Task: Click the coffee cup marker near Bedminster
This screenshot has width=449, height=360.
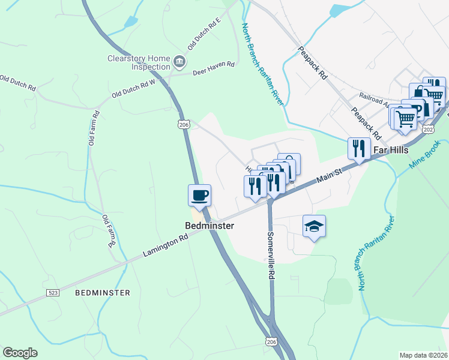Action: coord(200,195)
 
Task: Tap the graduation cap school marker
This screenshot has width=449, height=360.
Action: coord(314,226)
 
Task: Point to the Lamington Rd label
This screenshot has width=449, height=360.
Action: coord(165,245)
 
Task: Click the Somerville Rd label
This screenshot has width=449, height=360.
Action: coord(271,256)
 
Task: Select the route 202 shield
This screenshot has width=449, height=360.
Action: coord(428,129)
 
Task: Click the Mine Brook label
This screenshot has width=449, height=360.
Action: coord(426,154)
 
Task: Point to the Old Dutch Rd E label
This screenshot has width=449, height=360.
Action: coord(204,34)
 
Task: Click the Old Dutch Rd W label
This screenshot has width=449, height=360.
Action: coord(133,90)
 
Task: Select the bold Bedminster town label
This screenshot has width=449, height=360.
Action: coord(208,226)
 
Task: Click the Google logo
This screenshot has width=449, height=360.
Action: coord(20,353)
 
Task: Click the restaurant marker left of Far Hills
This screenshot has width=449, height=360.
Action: coord(358,149)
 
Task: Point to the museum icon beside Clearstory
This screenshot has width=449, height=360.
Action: coord(179,62)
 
